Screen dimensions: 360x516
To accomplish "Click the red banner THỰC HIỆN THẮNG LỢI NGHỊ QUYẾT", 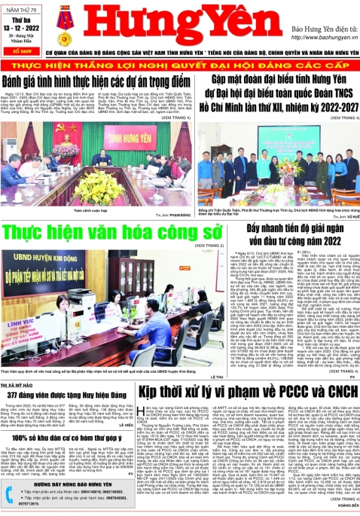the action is tap(179, 64).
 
